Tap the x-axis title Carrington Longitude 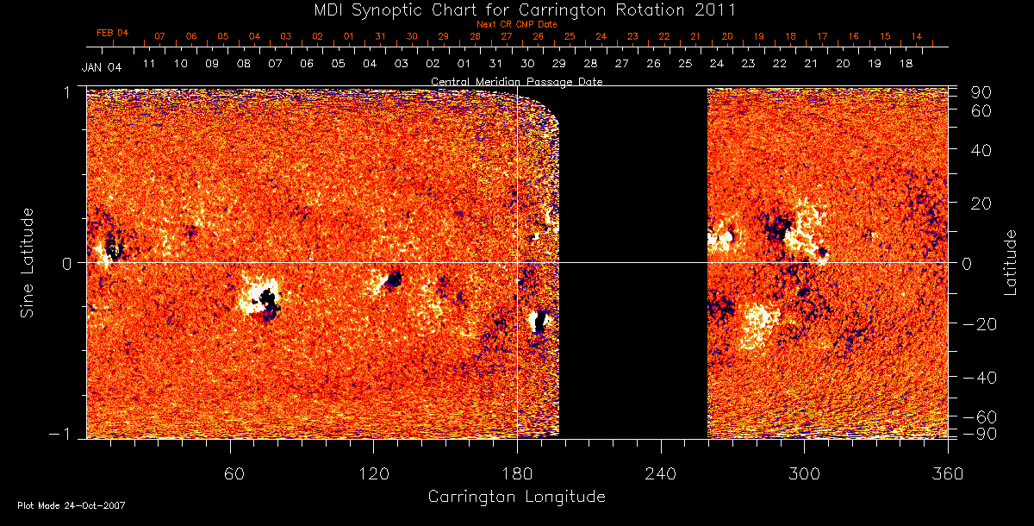516,497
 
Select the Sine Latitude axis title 28,262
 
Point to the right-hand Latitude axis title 1011,262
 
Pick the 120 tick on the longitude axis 373,473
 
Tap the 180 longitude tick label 517,473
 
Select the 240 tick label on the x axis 661,473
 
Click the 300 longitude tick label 804,473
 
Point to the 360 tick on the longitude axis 948,473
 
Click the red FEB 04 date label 112,33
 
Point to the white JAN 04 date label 102,68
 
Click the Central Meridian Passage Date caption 517,81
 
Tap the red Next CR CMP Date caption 510,24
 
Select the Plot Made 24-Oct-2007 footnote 71,505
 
